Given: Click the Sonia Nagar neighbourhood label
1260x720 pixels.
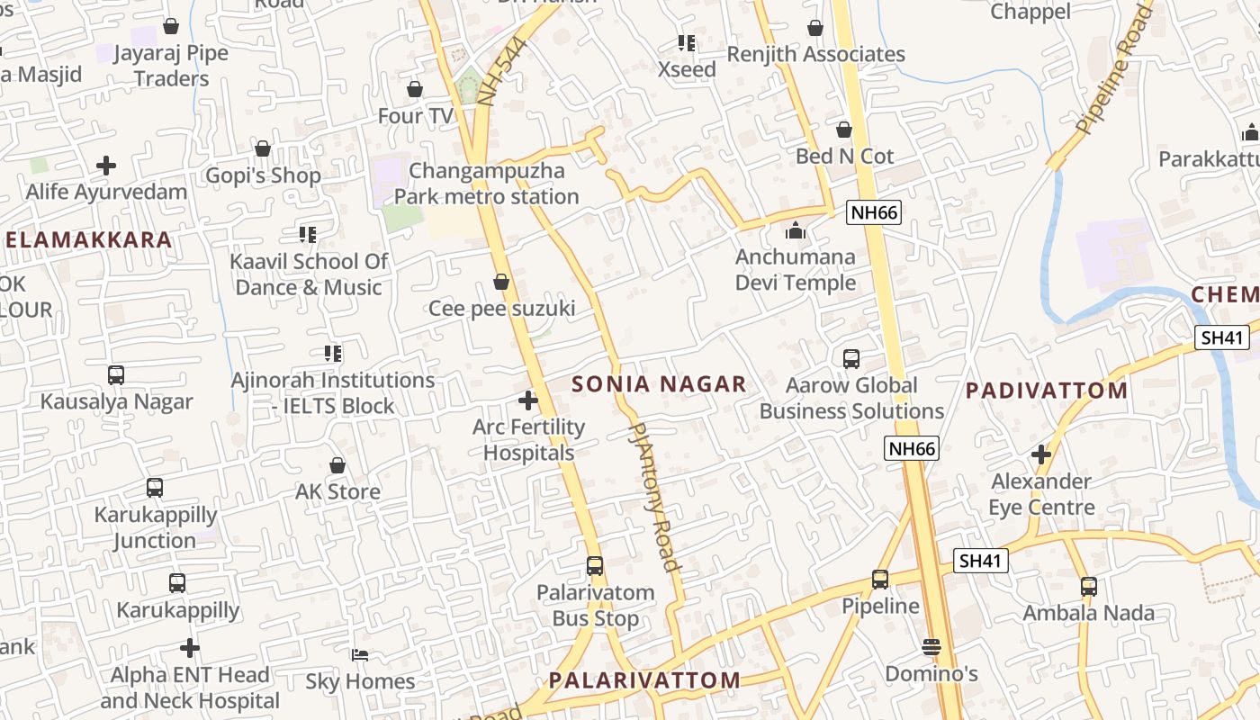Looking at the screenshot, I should click(659, 384).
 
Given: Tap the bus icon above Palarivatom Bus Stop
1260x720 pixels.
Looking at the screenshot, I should click(595, 566).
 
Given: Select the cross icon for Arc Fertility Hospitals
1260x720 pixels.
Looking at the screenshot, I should click(528, 400).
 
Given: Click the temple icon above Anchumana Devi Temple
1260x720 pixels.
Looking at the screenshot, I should click(795, 231).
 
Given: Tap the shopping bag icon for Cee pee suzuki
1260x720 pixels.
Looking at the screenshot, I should click(501, 283).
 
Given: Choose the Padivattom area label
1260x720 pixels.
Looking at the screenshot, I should click(1047, 391).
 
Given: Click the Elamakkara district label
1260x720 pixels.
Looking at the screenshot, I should click(88, 239).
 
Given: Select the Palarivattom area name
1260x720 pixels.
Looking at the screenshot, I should click(644, 680).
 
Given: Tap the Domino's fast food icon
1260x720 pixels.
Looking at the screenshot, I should click(931, 647).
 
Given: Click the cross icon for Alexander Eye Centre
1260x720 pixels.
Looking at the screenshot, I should click(1041, 454).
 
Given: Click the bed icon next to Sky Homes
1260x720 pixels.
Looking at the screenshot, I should click(360, 655).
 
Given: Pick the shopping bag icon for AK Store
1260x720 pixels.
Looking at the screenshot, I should click(337, 465).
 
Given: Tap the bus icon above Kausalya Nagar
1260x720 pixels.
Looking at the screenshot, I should click(116, 375).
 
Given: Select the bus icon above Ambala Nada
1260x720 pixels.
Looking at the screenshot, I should click(1089, 587).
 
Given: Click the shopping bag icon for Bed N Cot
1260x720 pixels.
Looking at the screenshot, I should click(844, 130).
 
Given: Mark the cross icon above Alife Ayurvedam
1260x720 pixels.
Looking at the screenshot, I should click(106, 166).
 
